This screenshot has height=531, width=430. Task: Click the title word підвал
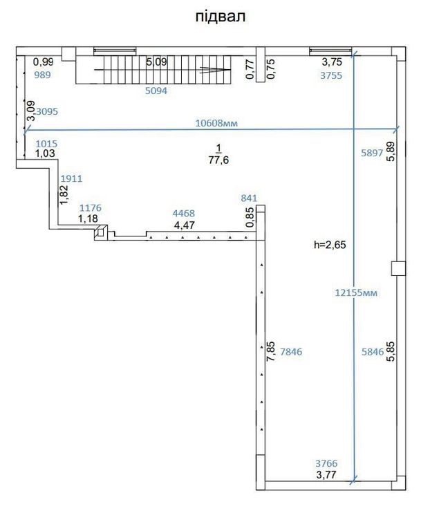220,17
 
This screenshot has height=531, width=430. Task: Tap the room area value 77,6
218,160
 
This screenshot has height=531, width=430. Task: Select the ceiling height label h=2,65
330,245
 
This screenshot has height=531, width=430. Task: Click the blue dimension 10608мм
216,123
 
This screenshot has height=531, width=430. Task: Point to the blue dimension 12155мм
356,292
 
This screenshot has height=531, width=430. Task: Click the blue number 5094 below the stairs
156,91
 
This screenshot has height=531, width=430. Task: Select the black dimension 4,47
184,225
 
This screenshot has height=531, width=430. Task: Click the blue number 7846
291,352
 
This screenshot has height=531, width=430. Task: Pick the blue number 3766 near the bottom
326,463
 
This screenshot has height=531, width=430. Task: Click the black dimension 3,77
326,475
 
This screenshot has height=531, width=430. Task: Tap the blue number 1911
71,178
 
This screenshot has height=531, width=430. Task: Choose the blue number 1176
91,208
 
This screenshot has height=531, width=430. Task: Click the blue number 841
249,198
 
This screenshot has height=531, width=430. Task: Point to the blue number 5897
372,153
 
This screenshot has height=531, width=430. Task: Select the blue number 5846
373,352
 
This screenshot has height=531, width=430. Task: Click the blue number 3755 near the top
331,75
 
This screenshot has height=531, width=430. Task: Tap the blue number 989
42,75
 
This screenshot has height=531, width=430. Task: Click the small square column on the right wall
398,268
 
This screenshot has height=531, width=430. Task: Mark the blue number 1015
46,144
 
